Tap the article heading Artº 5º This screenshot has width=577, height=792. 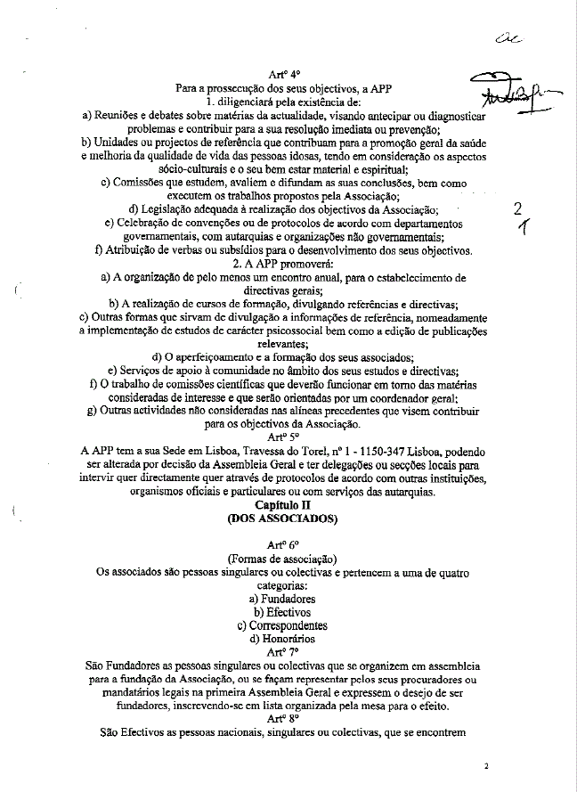click(x=284, y=438)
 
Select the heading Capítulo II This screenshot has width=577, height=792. click(x=284, y=504)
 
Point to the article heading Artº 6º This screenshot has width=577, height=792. click(x=284, y=543)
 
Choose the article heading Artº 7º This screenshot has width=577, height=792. click(x=284, y=651)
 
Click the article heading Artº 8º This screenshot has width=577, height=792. click(x=284, y=717)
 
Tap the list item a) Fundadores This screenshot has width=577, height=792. click(x=284, y=600)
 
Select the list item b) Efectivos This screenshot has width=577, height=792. click(x=284, y=613)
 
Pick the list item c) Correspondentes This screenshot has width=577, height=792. click(x=284, y=625)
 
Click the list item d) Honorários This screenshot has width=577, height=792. click(x=284, y=639)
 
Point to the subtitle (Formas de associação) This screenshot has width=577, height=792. click(x=284, y=558)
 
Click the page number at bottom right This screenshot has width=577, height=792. click(x=486, y=765)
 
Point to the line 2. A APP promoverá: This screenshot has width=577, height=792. click(x=284, y=265)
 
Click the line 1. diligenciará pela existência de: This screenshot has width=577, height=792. click(x=284, y=102)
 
